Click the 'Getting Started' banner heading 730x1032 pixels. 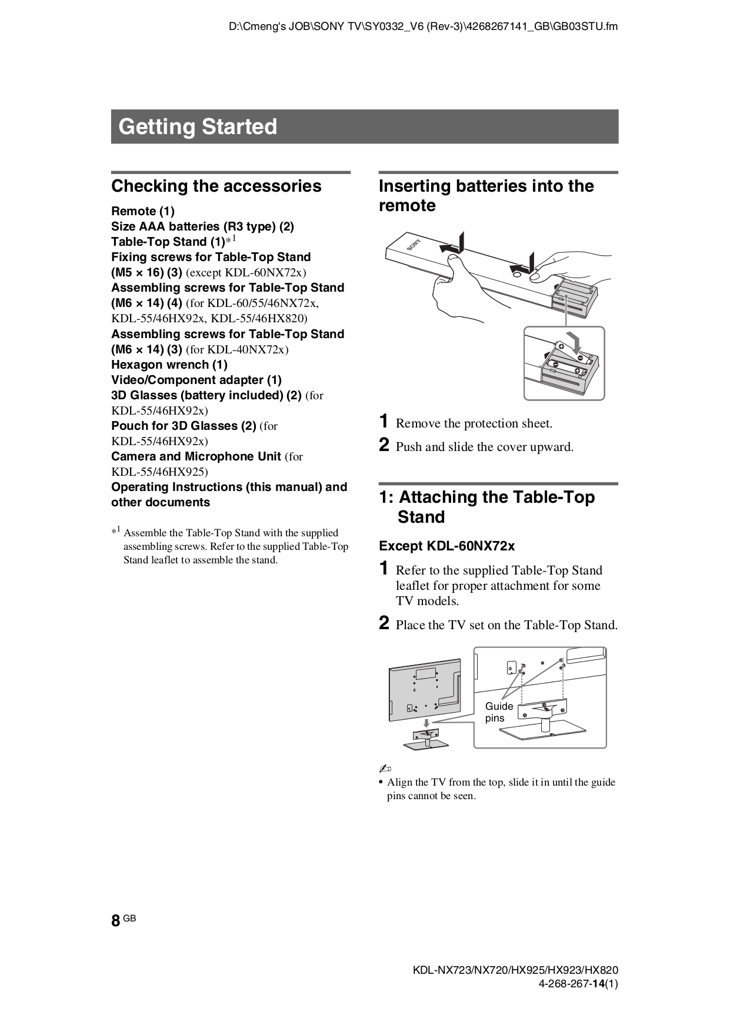tap(198, 127)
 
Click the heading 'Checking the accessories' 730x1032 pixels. tap(216, 186)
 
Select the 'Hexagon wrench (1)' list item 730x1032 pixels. tap(169, 365)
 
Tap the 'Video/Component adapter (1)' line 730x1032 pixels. tap(196, 380)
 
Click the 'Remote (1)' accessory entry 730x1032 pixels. tap(143, 211)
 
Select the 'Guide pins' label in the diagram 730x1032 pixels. tap(498, 712)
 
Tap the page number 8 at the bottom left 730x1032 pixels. tap(116, 920)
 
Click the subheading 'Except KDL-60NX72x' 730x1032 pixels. tap(446, 546)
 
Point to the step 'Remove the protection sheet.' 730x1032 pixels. tap(474, 423)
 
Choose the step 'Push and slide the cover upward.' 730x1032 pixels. tap(484, 447)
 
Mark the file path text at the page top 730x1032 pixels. tap(423, 26)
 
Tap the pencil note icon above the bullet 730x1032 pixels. tap(385, 769)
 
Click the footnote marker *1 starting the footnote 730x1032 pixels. tap(116, 532)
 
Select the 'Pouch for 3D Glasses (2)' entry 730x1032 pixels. tap(184, 426)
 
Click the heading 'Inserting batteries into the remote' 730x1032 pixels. tap(486, 196)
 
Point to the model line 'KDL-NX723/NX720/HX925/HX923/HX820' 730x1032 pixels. tap(515, 971)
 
